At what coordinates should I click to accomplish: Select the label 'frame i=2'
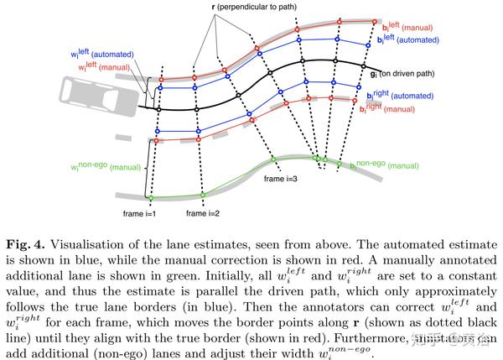coord(205,213)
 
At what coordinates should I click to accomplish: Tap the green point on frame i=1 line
coord(150,198)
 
